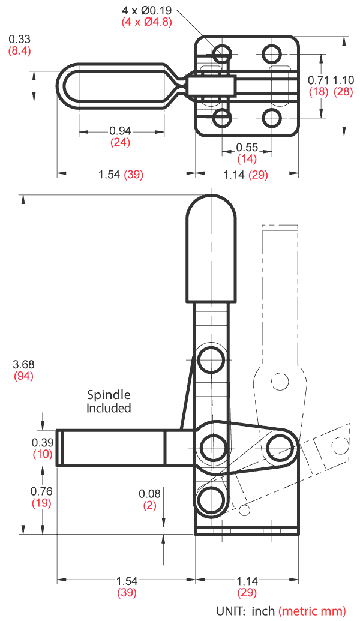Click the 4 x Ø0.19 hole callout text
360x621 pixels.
click(x=147, y=10)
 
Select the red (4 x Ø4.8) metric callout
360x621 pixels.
click(x=147, y=22)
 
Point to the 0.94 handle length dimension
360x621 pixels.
click(x=121, y=131)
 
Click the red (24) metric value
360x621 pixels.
click(x=121, y=143)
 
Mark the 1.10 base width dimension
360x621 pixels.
click(x=344, y=80)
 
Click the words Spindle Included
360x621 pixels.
click(x=109, y=401)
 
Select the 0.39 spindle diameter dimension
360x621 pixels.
click(x=42, y=442)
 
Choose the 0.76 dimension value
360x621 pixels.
click(x=42, y=491)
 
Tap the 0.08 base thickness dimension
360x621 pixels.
click(x=150, y=493)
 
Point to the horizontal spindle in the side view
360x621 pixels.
click(x=111, y=448)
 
